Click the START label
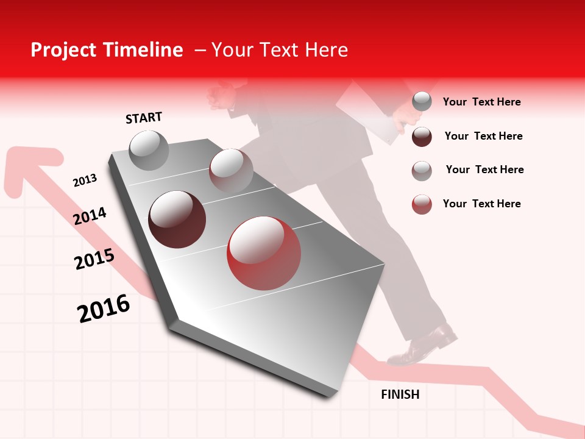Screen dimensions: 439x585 click(x=144, y=118)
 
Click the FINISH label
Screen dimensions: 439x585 click(x=400, y=394)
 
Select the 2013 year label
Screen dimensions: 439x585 click(x=85, y=180)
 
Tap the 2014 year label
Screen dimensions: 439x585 click(x=90, y=216)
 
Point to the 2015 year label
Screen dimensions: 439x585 click(x=94, y=259)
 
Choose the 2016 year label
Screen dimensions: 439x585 click(x=104, y=309)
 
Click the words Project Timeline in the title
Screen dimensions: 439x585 click(x=107, y=50)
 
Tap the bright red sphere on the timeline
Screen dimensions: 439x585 click(x=264, y=253)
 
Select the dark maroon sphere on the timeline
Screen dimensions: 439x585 click(x=177, y=219)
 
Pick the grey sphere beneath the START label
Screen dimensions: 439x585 click(x=149, y=150)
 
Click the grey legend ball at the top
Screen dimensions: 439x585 click(x=422, y=101)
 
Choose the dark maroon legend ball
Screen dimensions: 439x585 click(x=422, y=137)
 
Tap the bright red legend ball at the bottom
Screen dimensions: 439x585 click(x=422, y=204)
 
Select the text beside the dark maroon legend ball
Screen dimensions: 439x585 click(x=483, y=136)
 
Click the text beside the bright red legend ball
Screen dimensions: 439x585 click(x=481, y=204)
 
